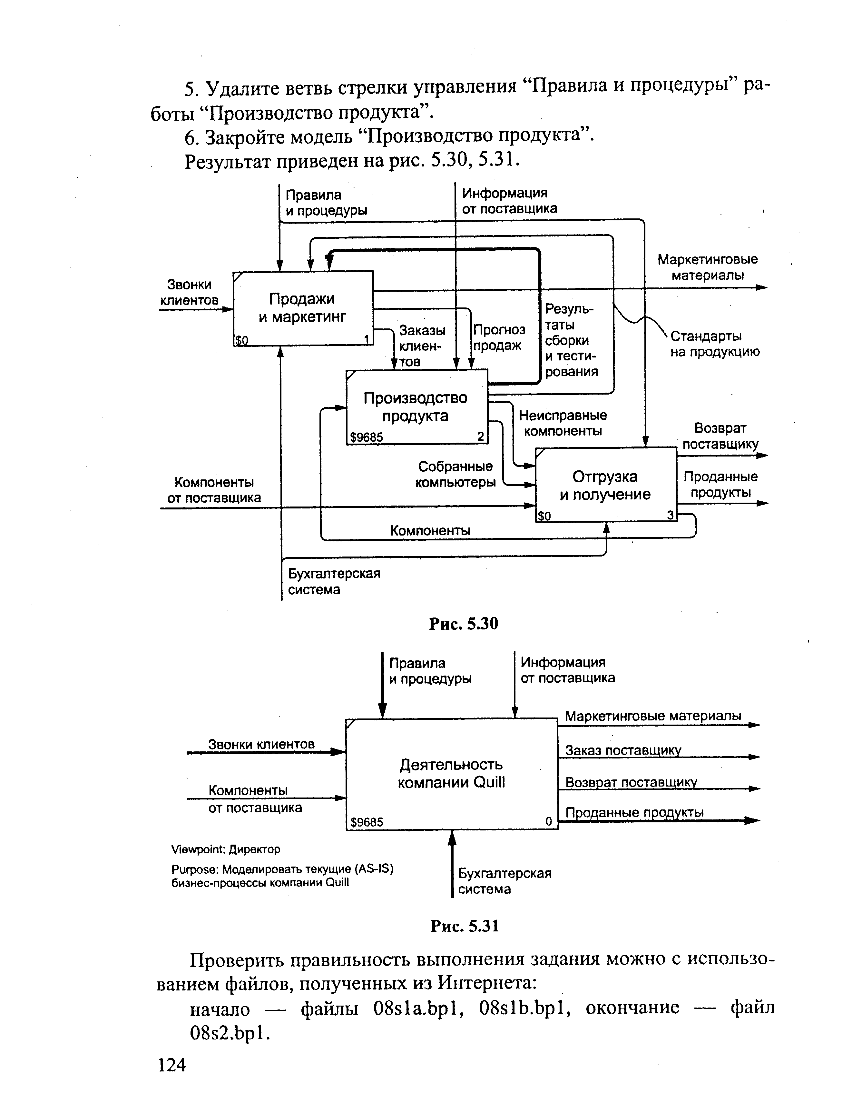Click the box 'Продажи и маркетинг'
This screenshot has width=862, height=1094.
coord(303,308)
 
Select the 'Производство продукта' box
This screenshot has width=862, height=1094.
coord(416,407)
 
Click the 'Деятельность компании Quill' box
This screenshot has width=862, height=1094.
coord(451,774)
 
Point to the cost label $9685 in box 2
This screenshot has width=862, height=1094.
coord(367,437)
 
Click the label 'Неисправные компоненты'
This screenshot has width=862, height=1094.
coord(563,423)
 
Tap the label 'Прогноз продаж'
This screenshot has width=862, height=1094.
coord(499,337)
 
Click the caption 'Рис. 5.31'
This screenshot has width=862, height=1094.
coord(464,926)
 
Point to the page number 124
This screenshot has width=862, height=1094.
coord(171,1065)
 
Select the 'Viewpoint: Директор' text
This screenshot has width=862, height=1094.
coord(226,849)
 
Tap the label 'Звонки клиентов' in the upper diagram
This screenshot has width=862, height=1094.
coord(189,292)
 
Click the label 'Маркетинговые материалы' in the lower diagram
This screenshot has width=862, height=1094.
coord(652,716)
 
